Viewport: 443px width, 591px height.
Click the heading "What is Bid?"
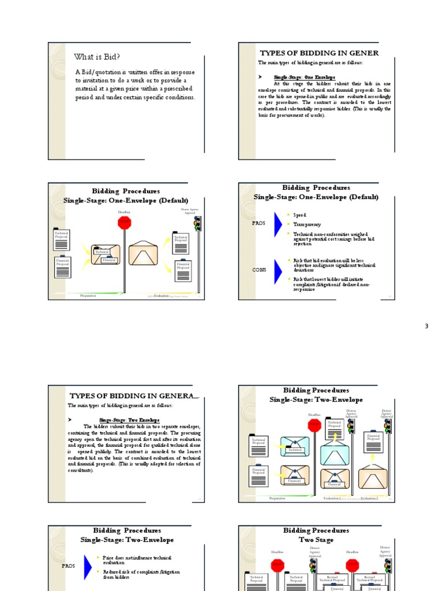pyautogui.click(x=97, y=57)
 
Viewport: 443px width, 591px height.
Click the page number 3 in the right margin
pyautogui.click(x=427, y=326)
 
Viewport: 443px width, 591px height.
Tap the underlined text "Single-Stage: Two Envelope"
pyautogui.click(x=129, y=420)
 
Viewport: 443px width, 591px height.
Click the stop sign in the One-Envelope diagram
pyautogui.click(x=125, y=223)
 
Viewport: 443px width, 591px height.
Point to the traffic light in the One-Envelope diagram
pyautogui.click(x=197, y=223)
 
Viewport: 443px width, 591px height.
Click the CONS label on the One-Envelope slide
pyautogui.click(x=260, y=270)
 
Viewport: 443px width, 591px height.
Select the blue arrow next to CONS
pyautogui.click(x=277, y=269)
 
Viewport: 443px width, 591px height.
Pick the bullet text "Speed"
pyautogui.click(x=300, y=215)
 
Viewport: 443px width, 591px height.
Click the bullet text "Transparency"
pyautogui.click(x=307, y=225)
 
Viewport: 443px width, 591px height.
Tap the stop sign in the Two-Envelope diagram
pyautogui.click(x=314, y=425)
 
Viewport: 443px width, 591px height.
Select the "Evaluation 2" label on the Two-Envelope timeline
pyautogui.click(x=369, y=498)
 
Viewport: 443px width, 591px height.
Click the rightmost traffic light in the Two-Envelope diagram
pyautogui.click(x=388, y=426)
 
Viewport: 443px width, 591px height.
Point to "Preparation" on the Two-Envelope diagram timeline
pyautogui.click(x=277, y=498)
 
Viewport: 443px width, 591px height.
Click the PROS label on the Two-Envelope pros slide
pyautogui.click(x=69, y=566)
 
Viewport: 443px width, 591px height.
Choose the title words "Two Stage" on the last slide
pyautogui.click(x=316, y=539)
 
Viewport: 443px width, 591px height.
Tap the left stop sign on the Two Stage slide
pyautogui.click(x=278, y=565)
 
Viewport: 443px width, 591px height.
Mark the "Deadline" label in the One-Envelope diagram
pyautogui.click(x=125, y=212)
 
